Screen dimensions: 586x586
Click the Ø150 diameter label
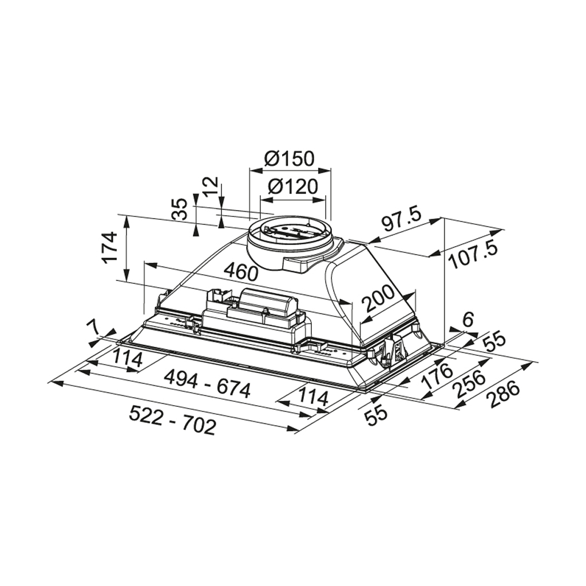(290, 158)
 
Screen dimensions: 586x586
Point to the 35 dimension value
(181, 209)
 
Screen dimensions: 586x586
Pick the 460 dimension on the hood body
(240, 271)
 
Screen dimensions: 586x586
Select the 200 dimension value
(378, 299)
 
